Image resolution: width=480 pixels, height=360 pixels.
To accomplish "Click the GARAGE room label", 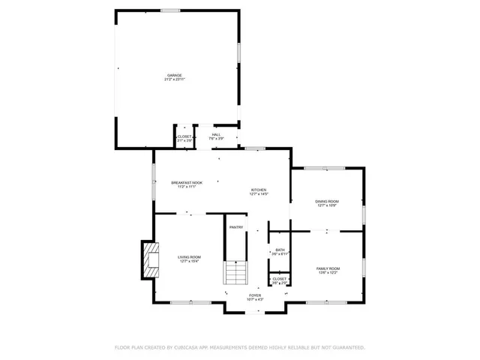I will click(175, 74).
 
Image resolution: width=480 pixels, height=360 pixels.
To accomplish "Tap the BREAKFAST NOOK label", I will click(187, 182).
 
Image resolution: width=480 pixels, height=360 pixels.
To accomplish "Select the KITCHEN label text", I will click(259, 190).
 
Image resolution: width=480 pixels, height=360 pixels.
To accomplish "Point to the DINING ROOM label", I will click(327, 201).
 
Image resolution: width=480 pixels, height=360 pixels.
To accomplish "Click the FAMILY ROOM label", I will click(328, 268).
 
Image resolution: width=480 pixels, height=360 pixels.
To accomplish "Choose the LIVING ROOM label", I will click(189, 256).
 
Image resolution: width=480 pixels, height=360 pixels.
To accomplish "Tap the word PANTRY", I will click(236, 227).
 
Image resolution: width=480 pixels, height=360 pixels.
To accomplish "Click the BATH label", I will click(280, 250).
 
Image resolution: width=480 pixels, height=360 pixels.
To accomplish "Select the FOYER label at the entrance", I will click(255, 295).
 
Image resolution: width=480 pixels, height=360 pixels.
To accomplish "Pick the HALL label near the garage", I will click(216, 134).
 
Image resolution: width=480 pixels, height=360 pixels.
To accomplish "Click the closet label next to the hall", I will click(184, 136).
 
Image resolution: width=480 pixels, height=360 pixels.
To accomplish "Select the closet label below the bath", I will click(279, 278).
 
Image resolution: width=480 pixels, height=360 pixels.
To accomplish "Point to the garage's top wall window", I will click(170, 10).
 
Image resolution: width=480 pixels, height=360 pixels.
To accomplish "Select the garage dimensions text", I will click(175, 79).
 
